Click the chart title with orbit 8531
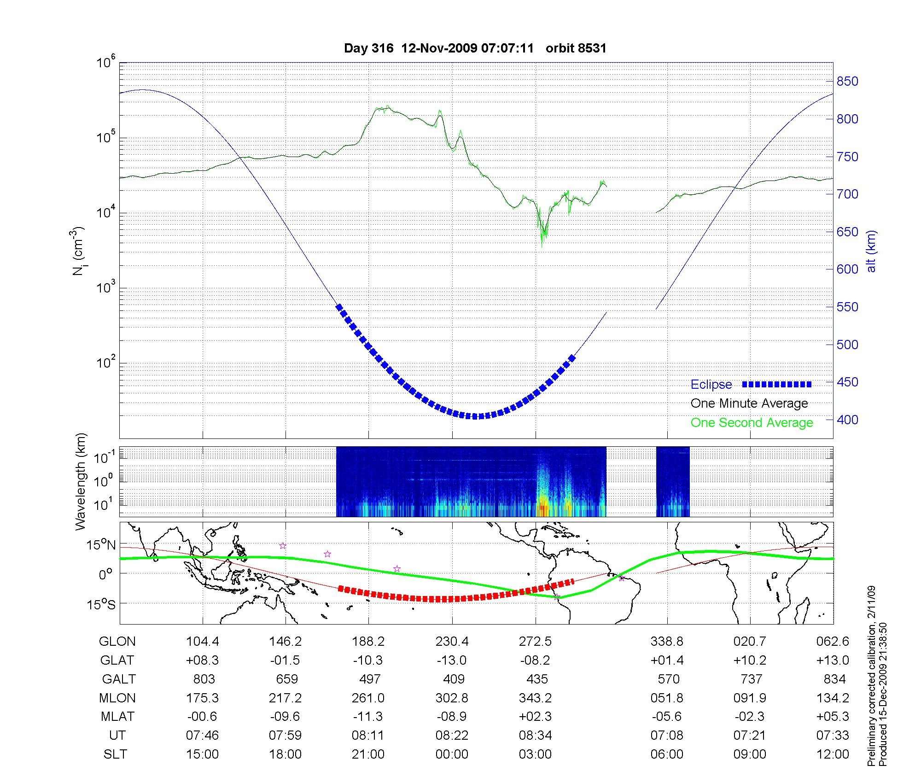click(475, 48)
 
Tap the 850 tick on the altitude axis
click(847, 82)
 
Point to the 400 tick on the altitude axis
click(847, 420)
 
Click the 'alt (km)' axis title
click(871, 251)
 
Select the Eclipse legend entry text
click(711, 385)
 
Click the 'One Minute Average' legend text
click(749, 403)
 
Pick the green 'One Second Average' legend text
click(752, 423)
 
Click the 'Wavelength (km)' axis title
click(81, 481)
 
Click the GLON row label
click(117, 642)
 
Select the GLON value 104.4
click(202, 642)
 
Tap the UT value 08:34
click(535, 736)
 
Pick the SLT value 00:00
click(452, 754)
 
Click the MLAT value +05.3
click(833, 717)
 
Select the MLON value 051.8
click(667, 698)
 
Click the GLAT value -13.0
click(452, 660)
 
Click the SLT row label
click(115, 754)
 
